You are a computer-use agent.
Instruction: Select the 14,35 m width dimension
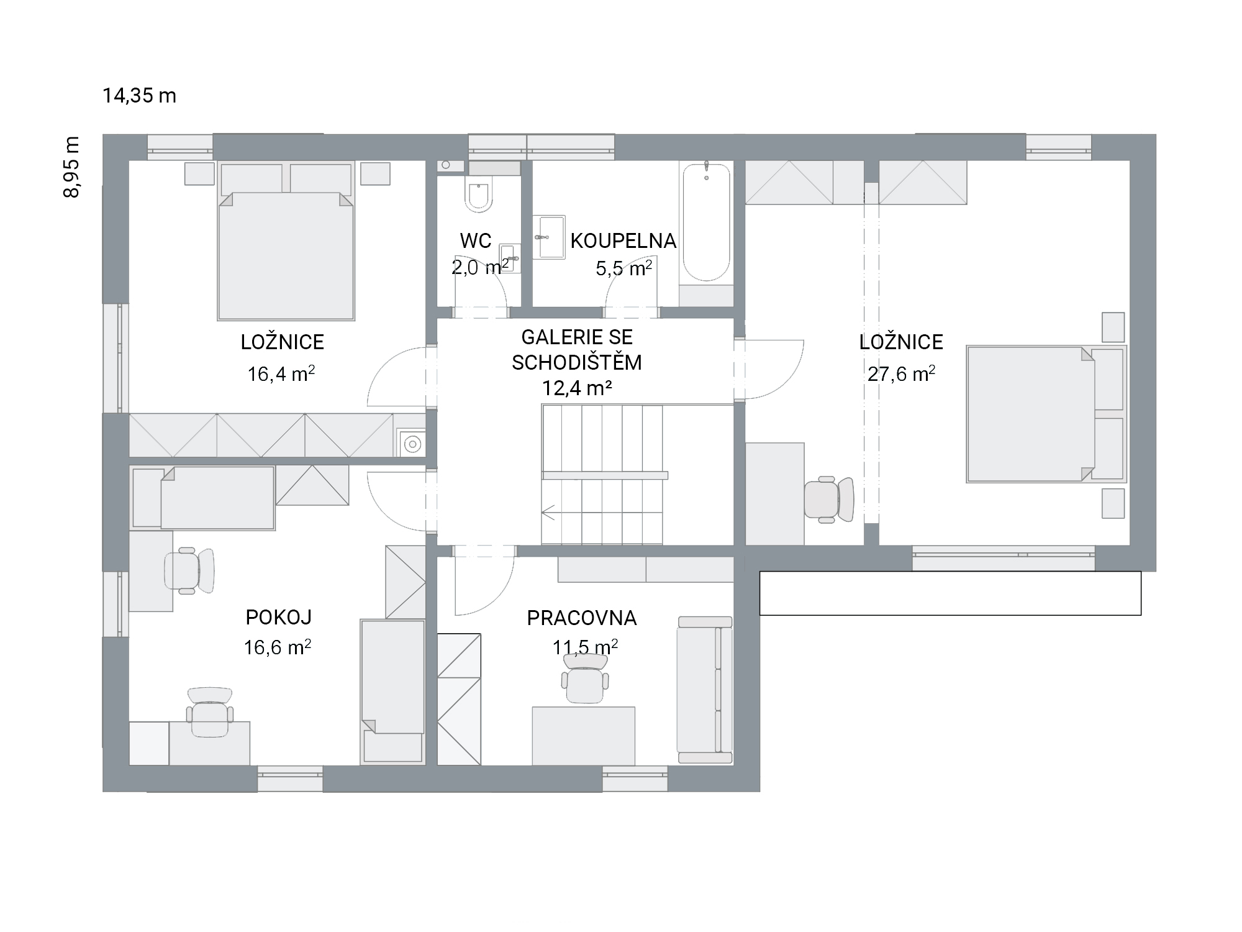tap(140, 96)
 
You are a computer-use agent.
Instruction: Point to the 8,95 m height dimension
tap(72, 167)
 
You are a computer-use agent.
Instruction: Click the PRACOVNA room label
tap(582, 618)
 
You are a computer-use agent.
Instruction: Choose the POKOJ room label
tap(279, 617)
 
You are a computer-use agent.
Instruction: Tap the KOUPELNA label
tap(623, 241)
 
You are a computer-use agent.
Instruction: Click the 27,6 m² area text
tap(901, 373)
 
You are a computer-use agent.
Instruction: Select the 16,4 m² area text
tap(281, 373)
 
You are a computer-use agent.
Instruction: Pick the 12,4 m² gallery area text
tap(578, 388)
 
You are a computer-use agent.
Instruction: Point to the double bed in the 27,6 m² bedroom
tap(1046, 414)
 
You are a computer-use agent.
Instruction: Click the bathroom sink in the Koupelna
tap(549, 237)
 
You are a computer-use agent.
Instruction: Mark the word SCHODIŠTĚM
tap(577, 362)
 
